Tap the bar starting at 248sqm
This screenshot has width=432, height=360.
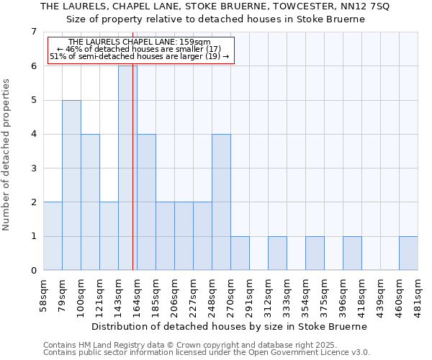[x=221, y=202]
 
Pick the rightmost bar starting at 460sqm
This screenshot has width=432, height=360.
[x=408, y=253]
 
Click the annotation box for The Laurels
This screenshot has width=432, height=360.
[x=140, y=50]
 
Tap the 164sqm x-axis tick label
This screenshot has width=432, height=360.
[x=138, y=293]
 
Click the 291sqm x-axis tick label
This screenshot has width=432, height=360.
[x=250, y=293]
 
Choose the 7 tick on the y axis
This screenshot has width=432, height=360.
[x=33, y=32]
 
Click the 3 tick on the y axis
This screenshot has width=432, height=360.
[x=33, y=168]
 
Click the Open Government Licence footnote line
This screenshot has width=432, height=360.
[x=207, y=353]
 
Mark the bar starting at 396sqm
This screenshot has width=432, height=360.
[x=352, y=253]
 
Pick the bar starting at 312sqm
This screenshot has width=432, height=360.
[x=277, y=253]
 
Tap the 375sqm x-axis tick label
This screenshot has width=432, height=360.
[x=325, y=293]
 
